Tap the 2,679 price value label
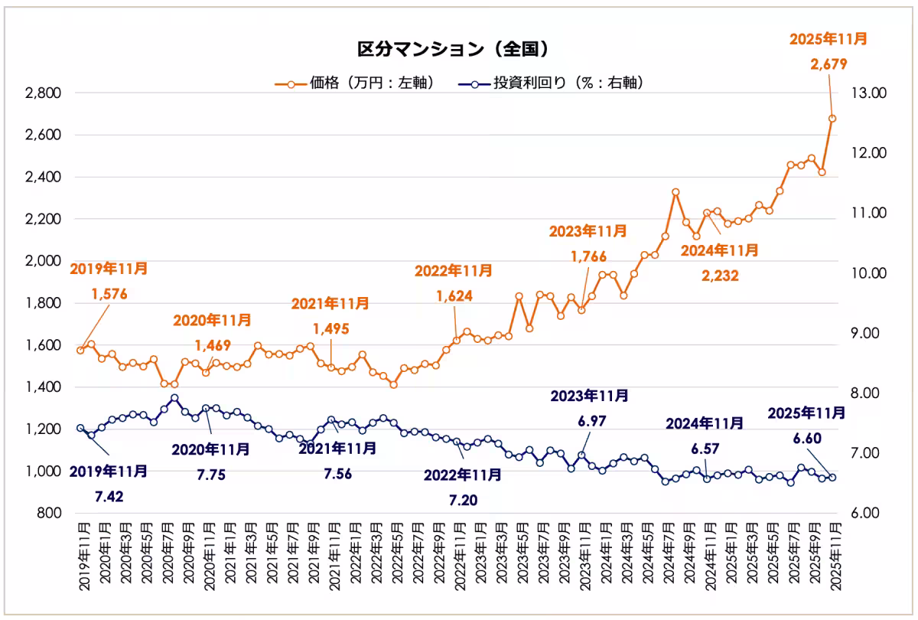click(828, 65)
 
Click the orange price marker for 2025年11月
click(832, 119)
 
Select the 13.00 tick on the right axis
click(868, 93)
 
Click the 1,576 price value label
click(109, 294)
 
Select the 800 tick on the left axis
click(49, 513)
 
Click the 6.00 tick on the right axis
click(868, 513)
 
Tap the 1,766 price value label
click(589, 256)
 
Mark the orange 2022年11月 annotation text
click(454, 270)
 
